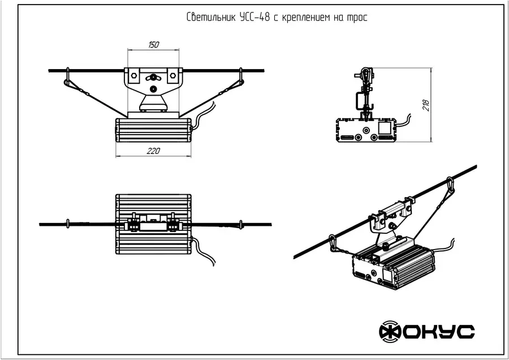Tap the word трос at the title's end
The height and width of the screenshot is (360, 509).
click(358, 18)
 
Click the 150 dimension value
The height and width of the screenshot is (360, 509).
click(153, 44)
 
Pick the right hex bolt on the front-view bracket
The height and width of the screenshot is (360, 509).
click(171, 73)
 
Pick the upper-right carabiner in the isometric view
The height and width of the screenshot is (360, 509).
click(450, 185)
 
